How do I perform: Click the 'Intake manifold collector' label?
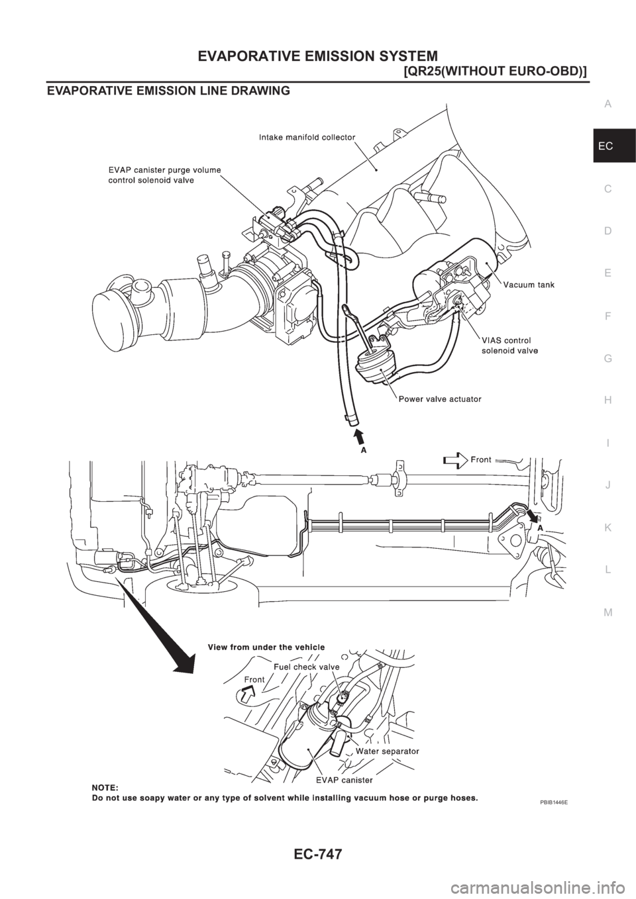[307, 137]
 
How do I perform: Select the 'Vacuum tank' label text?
[528, 285]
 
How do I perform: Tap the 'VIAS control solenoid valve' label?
[509, 346]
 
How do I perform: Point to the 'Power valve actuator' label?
[439, 399]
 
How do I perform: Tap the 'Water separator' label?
[387, 751]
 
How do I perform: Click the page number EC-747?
[318, 873]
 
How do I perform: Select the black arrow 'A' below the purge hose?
[360, 438]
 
